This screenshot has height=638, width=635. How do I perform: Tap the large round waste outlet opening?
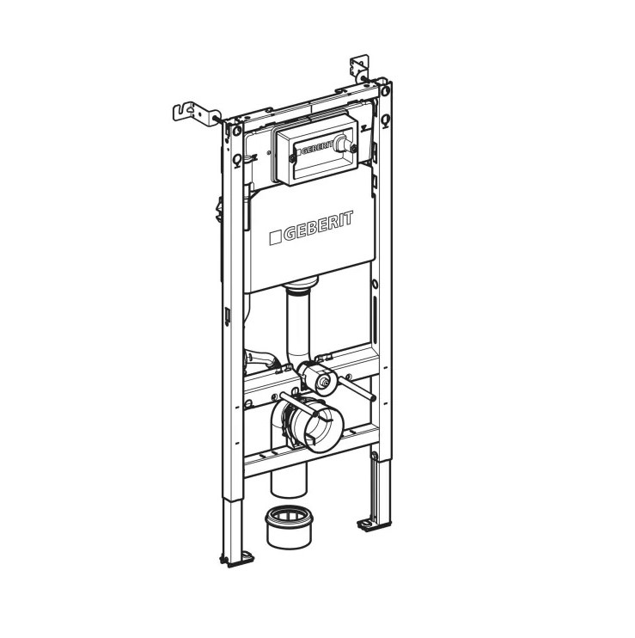tap(320, 428)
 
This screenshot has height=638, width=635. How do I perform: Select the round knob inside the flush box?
tap(345, 143)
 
